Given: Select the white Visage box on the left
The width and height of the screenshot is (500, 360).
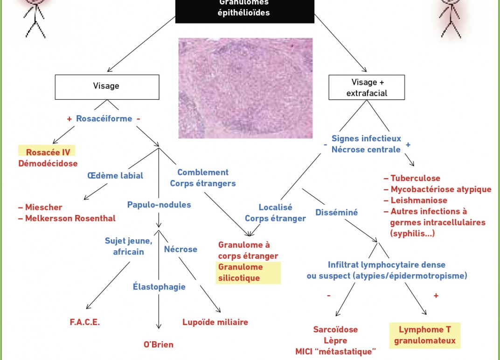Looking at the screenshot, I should [x=107, y=86].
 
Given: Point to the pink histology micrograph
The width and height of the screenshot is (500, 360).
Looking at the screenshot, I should [x=245, y=88].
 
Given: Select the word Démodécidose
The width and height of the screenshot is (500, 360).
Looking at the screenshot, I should [x=48, y=163].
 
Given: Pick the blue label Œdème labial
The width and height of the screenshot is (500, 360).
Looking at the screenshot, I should [x=115, y=175].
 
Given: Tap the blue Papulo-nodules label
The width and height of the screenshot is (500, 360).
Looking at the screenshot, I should [x=159, y=204].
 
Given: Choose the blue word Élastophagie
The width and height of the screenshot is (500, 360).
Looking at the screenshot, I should [x=159, y=287].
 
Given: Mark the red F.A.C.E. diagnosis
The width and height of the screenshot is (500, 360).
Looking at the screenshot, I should [x=84, y=322].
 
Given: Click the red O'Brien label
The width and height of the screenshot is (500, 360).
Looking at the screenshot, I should [x=158, y=345].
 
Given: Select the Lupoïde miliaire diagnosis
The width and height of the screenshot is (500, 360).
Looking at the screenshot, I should [x=215, y=322].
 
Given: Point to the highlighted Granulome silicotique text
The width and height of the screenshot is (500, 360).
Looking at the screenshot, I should [x=241, y=273].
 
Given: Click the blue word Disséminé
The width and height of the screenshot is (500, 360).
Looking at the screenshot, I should [x=337, y=212].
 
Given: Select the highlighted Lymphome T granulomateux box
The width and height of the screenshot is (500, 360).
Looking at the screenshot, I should [x=424, y=335].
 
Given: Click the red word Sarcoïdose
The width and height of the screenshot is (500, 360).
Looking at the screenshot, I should [x=335, y=330].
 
